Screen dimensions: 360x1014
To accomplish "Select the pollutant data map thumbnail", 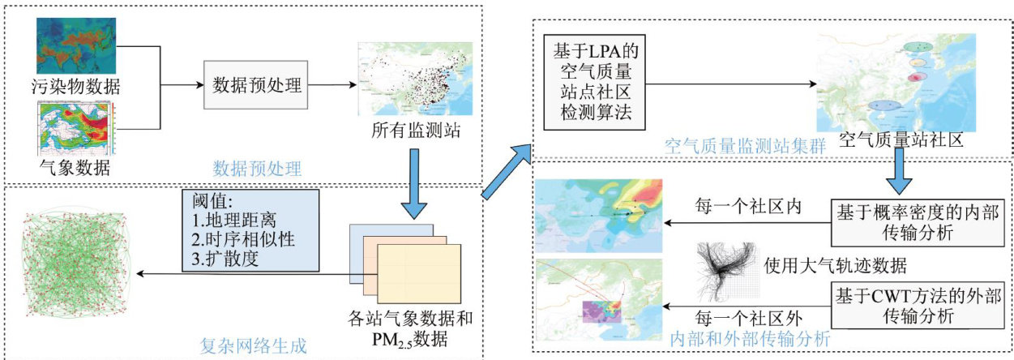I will (x=76, y=45).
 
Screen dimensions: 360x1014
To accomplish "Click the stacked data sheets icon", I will (x=403, y=259).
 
